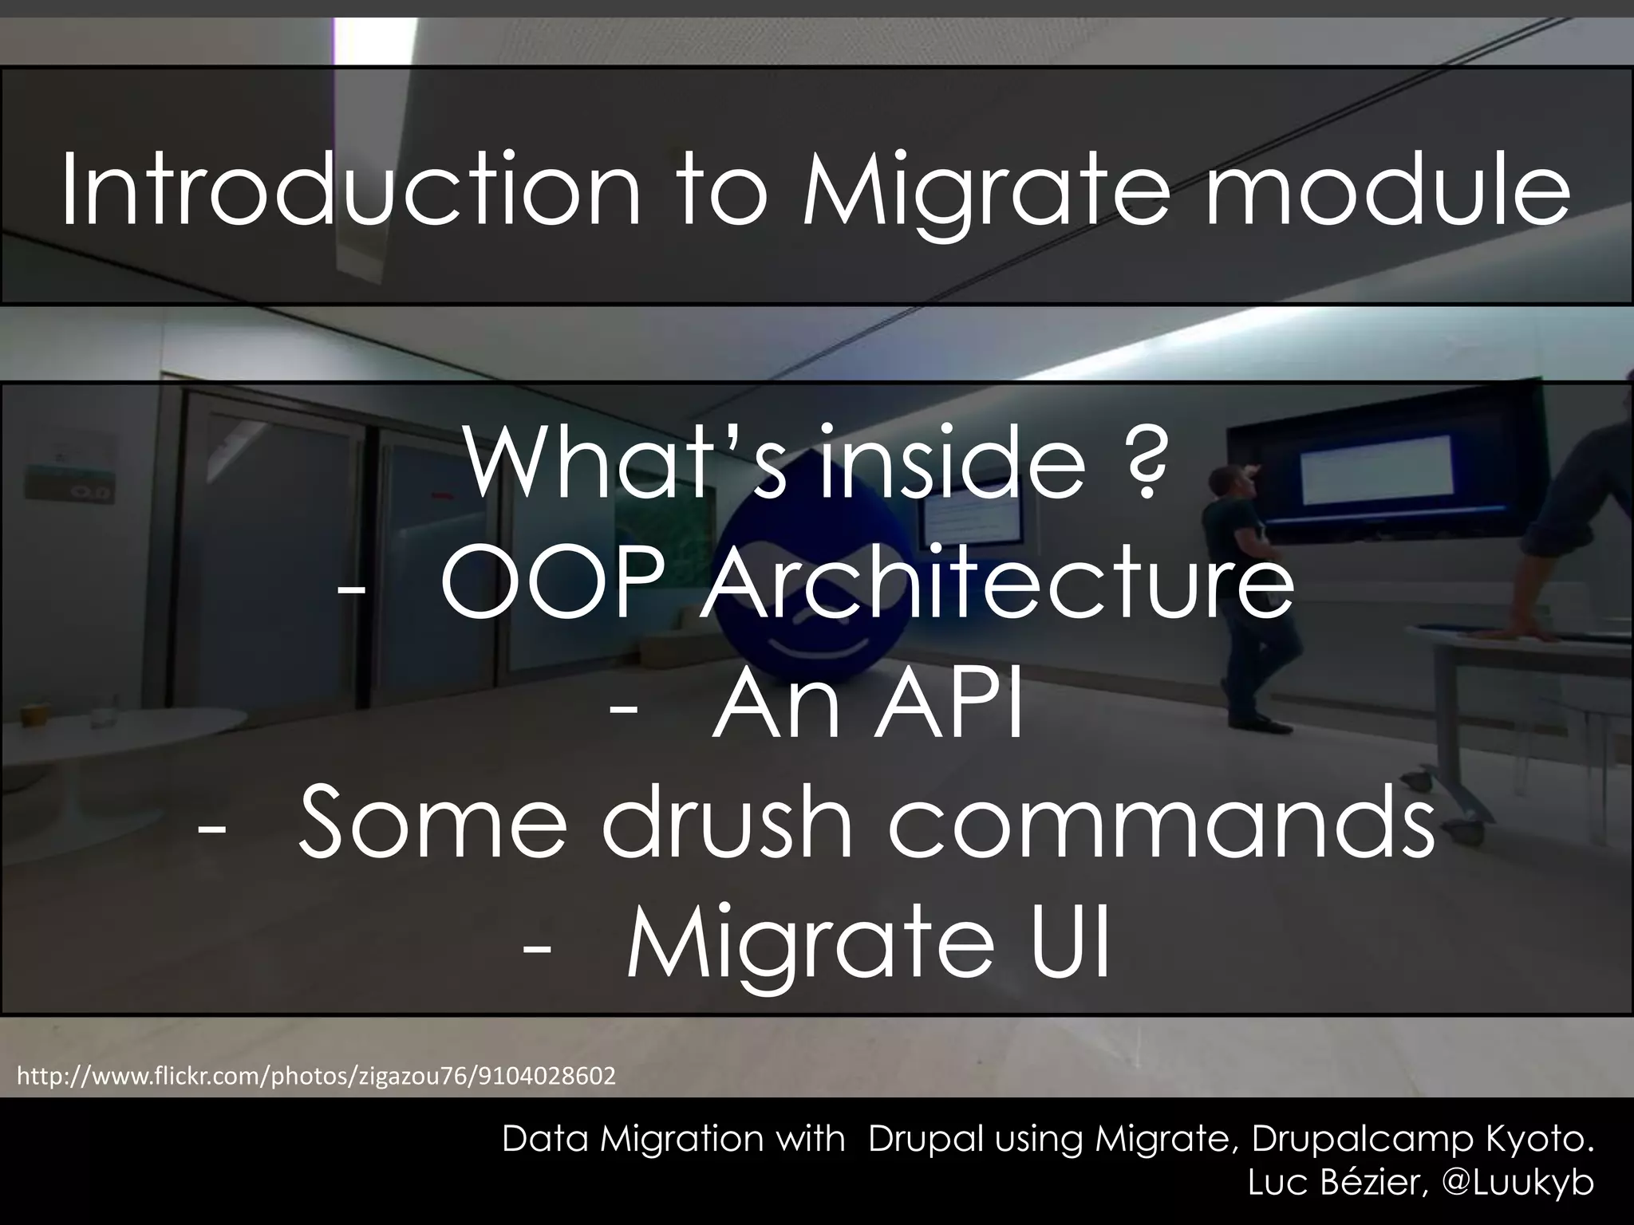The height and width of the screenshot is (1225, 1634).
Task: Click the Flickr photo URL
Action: tap(316, 1077)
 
